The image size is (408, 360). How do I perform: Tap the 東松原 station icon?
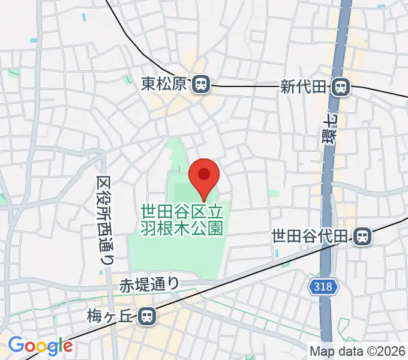click(x=200, y=85)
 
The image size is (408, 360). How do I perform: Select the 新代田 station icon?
click(x=341, y=87)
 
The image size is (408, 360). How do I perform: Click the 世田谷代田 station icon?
click(x=361, y=236)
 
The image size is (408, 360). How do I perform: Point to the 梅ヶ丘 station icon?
click(x=145, y=316)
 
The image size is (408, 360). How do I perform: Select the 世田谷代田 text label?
click(x=310, y=236)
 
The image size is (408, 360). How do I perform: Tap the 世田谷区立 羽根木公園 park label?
click(x=182, y=220)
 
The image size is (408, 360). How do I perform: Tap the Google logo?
click(x=40, y=346)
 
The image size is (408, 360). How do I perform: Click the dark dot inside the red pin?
click(x=203, y=174)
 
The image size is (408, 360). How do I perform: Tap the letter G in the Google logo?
click(x=16, y=346)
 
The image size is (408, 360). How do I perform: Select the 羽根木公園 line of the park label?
click(x=182, y=227)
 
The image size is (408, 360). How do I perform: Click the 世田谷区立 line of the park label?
click(x=182, y=212)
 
